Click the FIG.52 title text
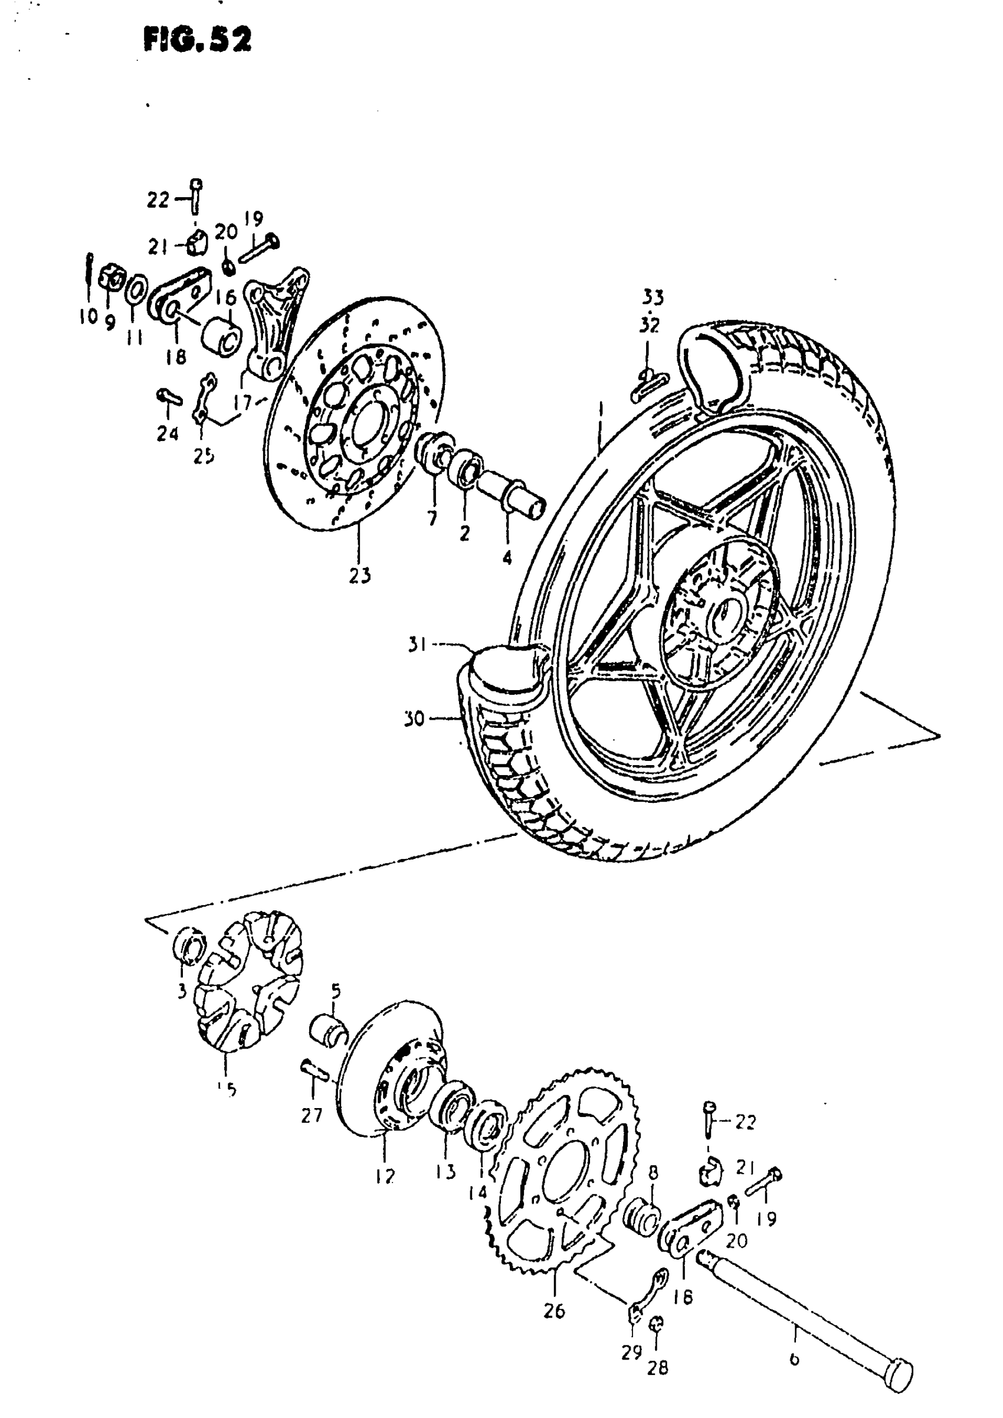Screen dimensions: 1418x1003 (197, 41)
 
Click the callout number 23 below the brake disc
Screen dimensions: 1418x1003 (359, 575)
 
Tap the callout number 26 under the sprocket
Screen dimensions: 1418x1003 (554, 1311)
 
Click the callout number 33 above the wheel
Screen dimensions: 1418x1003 (652, 298)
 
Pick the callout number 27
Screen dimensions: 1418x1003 (312, 1115)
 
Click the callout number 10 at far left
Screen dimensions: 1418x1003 (88, 317)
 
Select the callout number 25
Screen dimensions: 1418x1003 (204, 456)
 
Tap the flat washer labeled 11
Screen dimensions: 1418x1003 (136, 291)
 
